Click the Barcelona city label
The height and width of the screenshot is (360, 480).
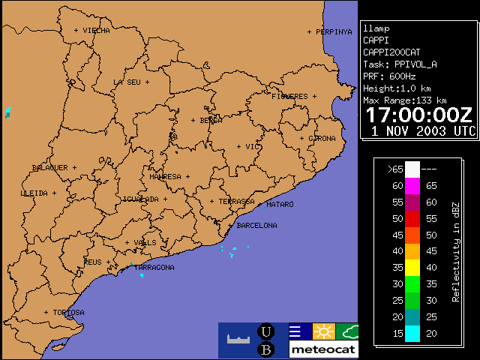click(x=256, y=225)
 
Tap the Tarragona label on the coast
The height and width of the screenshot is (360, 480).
click(x=154, y=267)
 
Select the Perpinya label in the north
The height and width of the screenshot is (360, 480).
click(x=334, y=32)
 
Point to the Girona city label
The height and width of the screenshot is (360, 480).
click(x=322, y=139)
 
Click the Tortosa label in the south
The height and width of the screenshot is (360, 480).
click(x=68, y=312)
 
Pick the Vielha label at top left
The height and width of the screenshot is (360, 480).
click(x=96, y=31)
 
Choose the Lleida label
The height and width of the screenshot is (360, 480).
click(x=34, y=193)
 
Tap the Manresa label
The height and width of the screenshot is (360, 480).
click(x=165, y=177)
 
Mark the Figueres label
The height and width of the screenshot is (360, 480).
click(x=289, y=97)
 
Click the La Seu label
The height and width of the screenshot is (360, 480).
click(x=127, y=82)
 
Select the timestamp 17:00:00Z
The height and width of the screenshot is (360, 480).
click(x=419, y=115)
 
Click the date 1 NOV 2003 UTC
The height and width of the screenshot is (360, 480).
click(x=424, y=130)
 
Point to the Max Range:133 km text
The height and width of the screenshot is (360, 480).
click(x=405, y=100)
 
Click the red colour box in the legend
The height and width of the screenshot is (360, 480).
click(x=412, y=219)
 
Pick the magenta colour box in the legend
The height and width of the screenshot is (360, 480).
click(x=412, y=186)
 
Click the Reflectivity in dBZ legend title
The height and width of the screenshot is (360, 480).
click(x=455, y=251)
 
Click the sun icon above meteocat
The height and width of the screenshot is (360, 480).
click(x=323, y=331)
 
